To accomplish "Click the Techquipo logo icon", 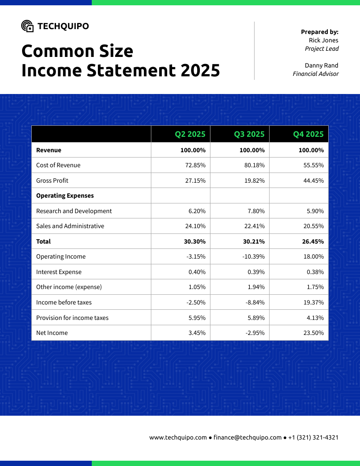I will point(27,26).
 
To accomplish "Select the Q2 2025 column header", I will point(190,134).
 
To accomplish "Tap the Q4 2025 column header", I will point(308,134).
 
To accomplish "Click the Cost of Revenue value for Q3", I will point(252,165).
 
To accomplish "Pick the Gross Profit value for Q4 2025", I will point(314,180).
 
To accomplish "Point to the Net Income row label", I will point(52,333).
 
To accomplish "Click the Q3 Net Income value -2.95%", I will point(255,333).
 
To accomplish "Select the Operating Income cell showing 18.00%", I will point(314,256).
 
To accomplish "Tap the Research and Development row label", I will point(74,211).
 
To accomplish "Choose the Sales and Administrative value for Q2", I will point(194,226).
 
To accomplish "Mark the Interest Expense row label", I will point(59,272).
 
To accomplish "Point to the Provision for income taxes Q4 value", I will point(315,318).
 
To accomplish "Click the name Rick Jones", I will point(323,40).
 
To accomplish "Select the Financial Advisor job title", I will point(315,74).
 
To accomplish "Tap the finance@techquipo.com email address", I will point(247,437).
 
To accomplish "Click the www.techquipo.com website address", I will point(178,437).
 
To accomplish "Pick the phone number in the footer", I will point(313,437).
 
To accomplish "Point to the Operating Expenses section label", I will point(65,195).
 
